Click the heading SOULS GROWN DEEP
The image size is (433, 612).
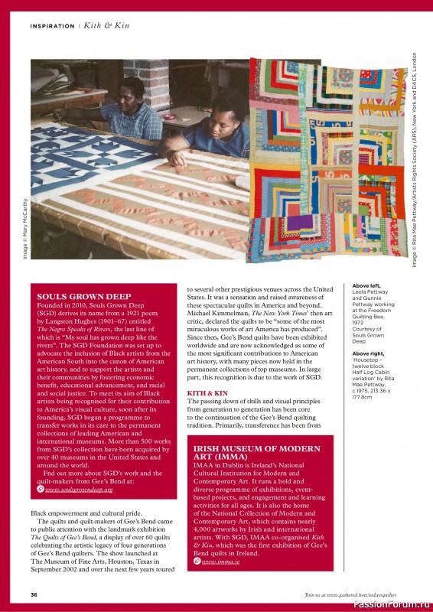[84, 295]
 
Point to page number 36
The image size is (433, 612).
[34, 594]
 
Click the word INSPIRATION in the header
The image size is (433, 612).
[52, 26]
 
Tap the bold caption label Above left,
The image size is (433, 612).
[366, 285]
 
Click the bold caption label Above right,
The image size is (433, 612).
[369, 354]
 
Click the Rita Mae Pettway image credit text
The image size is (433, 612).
[414, 161]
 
